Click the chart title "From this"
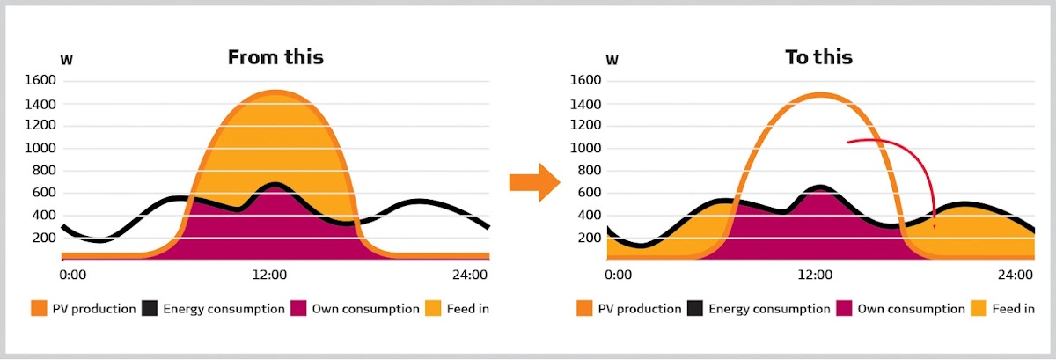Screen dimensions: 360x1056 click(275, 58)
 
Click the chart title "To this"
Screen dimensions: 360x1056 click(818, 58)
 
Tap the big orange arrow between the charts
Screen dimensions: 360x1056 click(534, 182)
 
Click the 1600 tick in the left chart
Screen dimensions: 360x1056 click(40, 81)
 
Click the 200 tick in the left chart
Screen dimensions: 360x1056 click(44, 238)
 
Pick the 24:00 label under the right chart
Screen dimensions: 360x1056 click(1014, 276)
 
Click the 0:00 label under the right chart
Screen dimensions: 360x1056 click(619, 276)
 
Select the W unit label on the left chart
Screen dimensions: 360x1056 click(66, 60)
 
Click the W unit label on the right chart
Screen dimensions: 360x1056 click(612, 60)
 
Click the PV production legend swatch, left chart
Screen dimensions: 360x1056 click(39, 309)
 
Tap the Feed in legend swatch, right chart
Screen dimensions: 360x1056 click(981, 309)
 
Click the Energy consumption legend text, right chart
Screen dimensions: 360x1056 click(768, 309)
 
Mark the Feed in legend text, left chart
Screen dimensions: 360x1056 click(467, 309)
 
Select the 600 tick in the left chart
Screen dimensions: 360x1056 click(44, 193)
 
